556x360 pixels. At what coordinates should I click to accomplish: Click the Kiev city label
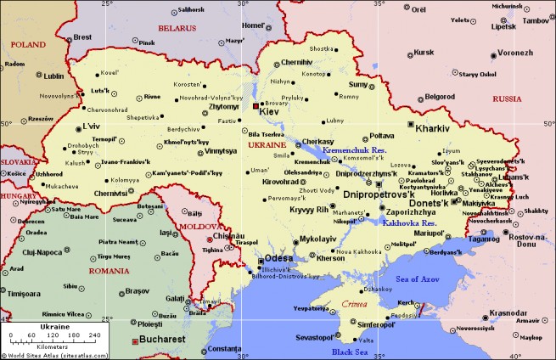tap(269, 111)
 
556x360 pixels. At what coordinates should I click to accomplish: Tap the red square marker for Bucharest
tap(133, 340)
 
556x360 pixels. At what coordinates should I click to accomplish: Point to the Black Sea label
tap(348, 352)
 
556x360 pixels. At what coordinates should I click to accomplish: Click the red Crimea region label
tap(353, 303)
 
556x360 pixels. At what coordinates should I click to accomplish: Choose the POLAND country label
tap(27, 43)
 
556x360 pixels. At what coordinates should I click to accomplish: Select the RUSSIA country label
tap(507, 99)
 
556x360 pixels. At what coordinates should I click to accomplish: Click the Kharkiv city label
tap(432, 127)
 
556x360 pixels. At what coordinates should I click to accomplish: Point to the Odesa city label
tap(278, 257)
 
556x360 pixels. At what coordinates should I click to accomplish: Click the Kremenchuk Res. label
tap(354, 149)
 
